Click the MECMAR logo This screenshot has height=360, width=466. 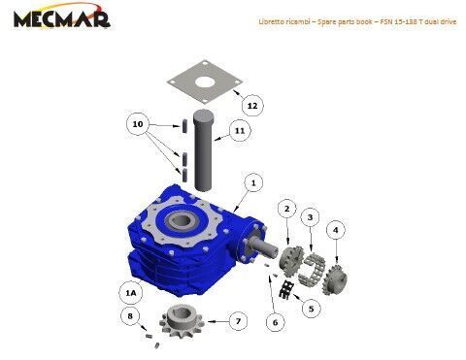point(62,16)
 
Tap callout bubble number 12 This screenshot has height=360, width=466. point(252,106)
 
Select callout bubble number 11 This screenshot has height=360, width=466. point(240,131)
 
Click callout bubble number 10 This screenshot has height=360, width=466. point(138,124)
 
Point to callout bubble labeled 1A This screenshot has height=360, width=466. point(130,293)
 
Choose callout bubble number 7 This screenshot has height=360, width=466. point(238,321)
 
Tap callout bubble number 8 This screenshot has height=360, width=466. point(130,315)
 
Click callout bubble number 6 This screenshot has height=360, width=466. point(275,322)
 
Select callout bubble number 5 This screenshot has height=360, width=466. point(311,309)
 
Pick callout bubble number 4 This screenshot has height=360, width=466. point(335,230)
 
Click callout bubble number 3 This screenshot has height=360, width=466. point(310,217)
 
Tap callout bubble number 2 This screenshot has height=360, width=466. point(286,209)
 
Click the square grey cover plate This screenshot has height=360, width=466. point(205,82)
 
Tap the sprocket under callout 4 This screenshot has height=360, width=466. point(335,278)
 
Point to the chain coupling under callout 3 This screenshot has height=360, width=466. point(312,267)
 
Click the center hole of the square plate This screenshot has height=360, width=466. point(205,82)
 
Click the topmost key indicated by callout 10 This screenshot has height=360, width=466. point(184,126)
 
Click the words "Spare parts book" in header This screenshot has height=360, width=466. point(345,21)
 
